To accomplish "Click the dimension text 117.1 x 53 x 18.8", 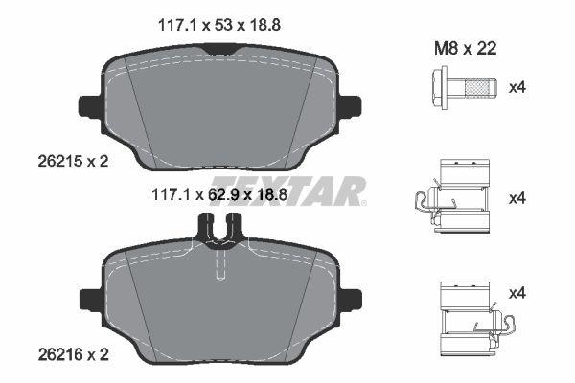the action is tap(219, 25).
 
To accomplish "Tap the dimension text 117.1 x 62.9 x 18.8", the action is tap(219, 194).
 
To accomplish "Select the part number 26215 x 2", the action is tap(74, 161).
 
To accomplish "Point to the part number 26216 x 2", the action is tap(74, 354).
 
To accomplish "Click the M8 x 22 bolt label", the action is tap(466, 48).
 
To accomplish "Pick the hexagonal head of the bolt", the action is tap(440, 87).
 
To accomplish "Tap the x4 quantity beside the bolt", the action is tap(517, 87).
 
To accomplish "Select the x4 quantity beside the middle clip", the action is tap(517, 198).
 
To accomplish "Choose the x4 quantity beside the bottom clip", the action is tap(517, 293).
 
